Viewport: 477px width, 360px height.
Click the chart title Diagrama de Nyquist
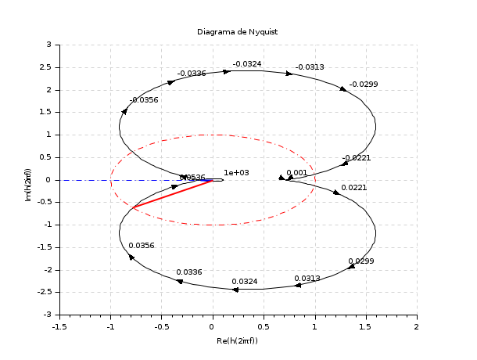pos(238,31)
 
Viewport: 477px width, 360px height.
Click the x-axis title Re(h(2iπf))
pos(238,341)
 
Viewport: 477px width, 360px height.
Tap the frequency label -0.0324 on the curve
pos(248,64)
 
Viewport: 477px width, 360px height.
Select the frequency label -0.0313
pos(310,67)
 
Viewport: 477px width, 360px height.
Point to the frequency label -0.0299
pos(364,85)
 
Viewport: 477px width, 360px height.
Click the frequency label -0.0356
pos(144,100)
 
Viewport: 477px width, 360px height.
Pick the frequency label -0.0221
pos(357,158)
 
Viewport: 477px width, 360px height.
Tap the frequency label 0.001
pos(297,173)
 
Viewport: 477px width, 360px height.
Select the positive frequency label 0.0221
pos(354,188)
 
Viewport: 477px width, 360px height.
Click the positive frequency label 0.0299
pos(361,261)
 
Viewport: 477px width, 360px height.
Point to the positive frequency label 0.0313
pos(307,279)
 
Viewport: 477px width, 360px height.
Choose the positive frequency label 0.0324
pos(245,281)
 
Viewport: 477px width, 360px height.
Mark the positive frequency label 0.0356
pos(142,246)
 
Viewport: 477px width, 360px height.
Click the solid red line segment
pos(172,194)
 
